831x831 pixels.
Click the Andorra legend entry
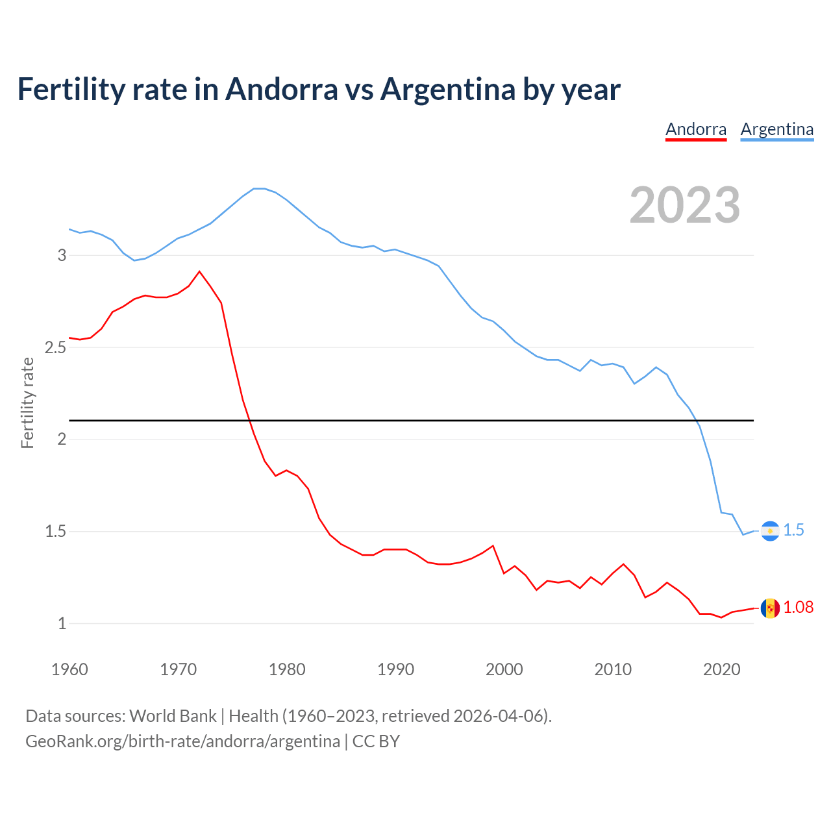[x=696, y=129]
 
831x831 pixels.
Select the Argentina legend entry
[x=776, y=129]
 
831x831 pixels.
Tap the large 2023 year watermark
[x=685, y=205]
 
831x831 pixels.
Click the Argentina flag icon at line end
[x=770, y=531]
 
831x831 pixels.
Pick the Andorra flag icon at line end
[x=770, y=608]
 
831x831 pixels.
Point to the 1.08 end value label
[x=798, y=608]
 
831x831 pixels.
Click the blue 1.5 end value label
[x=793, y=530]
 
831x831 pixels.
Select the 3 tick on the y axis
[x=62, y=255]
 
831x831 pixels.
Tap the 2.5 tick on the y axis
[x=56, y=347]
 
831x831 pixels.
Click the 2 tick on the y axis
[x=62, y=440]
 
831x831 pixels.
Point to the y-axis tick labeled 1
[x=62, y=624]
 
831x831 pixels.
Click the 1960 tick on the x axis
[x=69, y=669]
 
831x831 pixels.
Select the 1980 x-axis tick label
[x=287, y=669]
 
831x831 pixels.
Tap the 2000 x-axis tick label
[x=504, y=669]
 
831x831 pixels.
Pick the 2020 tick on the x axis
[x=721, y=669]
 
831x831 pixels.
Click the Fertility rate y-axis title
[x=27, y=403]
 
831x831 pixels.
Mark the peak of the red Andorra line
[x=199, y=271]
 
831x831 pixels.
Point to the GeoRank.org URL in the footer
[x=182, y=741]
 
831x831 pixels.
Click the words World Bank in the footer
[x=173, y=716]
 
